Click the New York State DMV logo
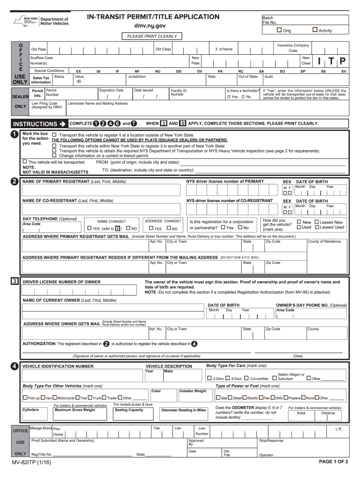point(41,22)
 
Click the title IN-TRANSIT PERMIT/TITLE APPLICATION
point(153,17)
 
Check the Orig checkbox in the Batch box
point(279,30)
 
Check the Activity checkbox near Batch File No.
point(315,30)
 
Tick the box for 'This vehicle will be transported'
point(25,162)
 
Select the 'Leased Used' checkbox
point(317,227)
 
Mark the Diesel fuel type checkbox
point(230,398)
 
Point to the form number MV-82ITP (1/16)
point(32,462)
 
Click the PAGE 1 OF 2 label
point(333,461)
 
